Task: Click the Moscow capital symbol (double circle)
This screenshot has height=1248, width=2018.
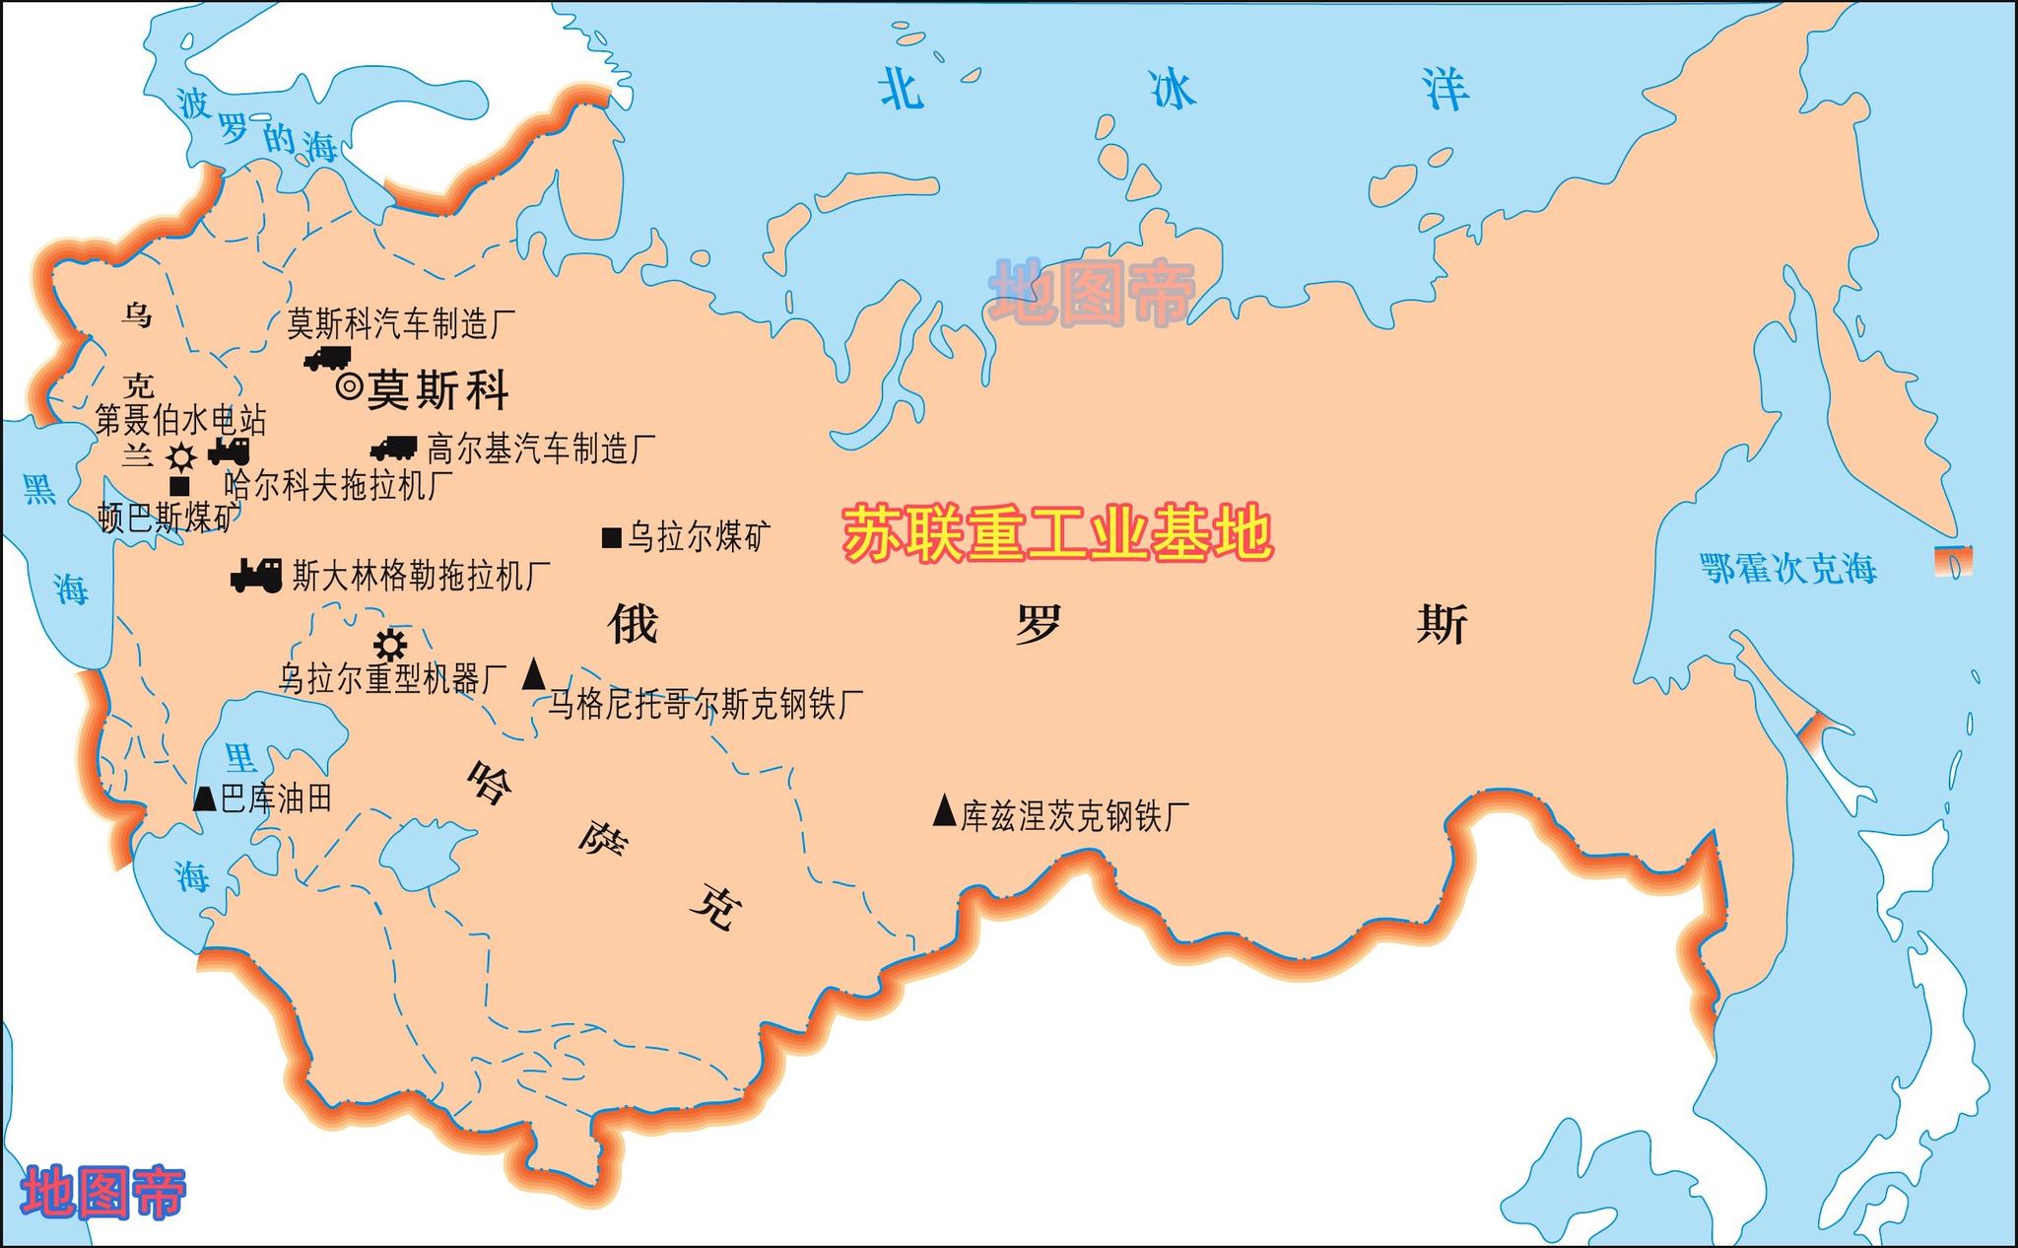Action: click(x=349, y=386)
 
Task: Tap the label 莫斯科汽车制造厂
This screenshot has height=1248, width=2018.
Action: click(x=401, y=323)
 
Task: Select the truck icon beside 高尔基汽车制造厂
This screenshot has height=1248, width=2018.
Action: click(x=394, y=449)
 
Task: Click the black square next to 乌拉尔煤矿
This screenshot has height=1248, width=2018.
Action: click(x=611, y=537)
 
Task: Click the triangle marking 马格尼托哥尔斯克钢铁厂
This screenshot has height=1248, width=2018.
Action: click(x=533, y=674)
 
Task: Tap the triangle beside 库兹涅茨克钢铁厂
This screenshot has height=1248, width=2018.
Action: click(x=944, y=811)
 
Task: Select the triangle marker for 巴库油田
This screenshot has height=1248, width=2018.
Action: click(x=204, y=797)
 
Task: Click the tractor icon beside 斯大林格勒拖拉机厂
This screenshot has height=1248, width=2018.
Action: click(x=256, y=575)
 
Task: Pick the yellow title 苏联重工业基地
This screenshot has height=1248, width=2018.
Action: click(x=1057, y=534)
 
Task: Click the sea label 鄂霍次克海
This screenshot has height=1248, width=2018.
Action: click(x=1787, y=569)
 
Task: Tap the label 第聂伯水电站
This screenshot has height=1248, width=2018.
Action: click(x=180, y=421)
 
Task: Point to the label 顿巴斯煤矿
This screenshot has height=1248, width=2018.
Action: click(x=168, y=517)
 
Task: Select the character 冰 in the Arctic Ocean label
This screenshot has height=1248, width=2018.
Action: click(x=1173, y=90)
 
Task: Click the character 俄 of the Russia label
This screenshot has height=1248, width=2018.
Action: click(x=633, y=624)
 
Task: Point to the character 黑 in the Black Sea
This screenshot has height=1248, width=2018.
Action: click(x=39, y=488)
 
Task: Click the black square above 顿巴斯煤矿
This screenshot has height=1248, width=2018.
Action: click(x=179, y=486)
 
